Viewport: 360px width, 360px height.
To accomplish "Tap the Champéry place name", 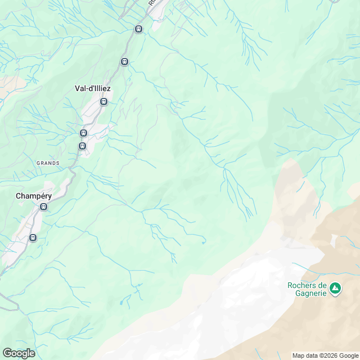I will click(34, 196).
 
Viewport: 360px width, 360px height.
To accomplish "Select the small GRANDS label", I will click(48, 163).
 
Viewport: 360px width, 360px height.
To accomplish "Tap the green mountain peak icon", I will click(335, 289).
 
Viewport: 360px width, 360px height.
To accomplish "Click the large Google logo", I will click(18, 353).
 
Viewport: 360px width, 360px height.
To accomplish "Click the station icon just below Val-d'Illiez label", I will click(103, 102).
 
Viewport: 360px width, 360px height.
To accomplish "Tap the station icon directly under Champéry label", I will click(44, 207).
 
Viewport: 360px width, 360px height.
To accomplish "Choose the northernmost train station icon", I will click(139, 29).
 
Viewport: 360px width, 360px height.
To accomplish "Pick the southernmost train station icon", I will click(33, 237).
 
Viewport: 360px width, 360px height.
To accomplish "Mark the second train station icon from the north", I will click(124, 62).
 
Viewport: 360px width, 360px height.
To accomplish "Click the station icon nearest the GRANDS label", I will click(82, 146).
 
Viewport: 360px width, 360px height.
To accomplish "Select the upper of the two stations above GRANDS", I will click(83, 133).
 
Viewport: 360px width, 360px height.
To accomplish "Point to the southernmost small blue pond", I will click(121, 303).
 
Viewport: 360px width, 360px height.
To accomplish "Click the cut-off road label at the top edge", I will click(152, 3).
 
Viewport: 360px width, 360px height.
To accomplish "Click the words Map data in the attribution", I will click(305, 355).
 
